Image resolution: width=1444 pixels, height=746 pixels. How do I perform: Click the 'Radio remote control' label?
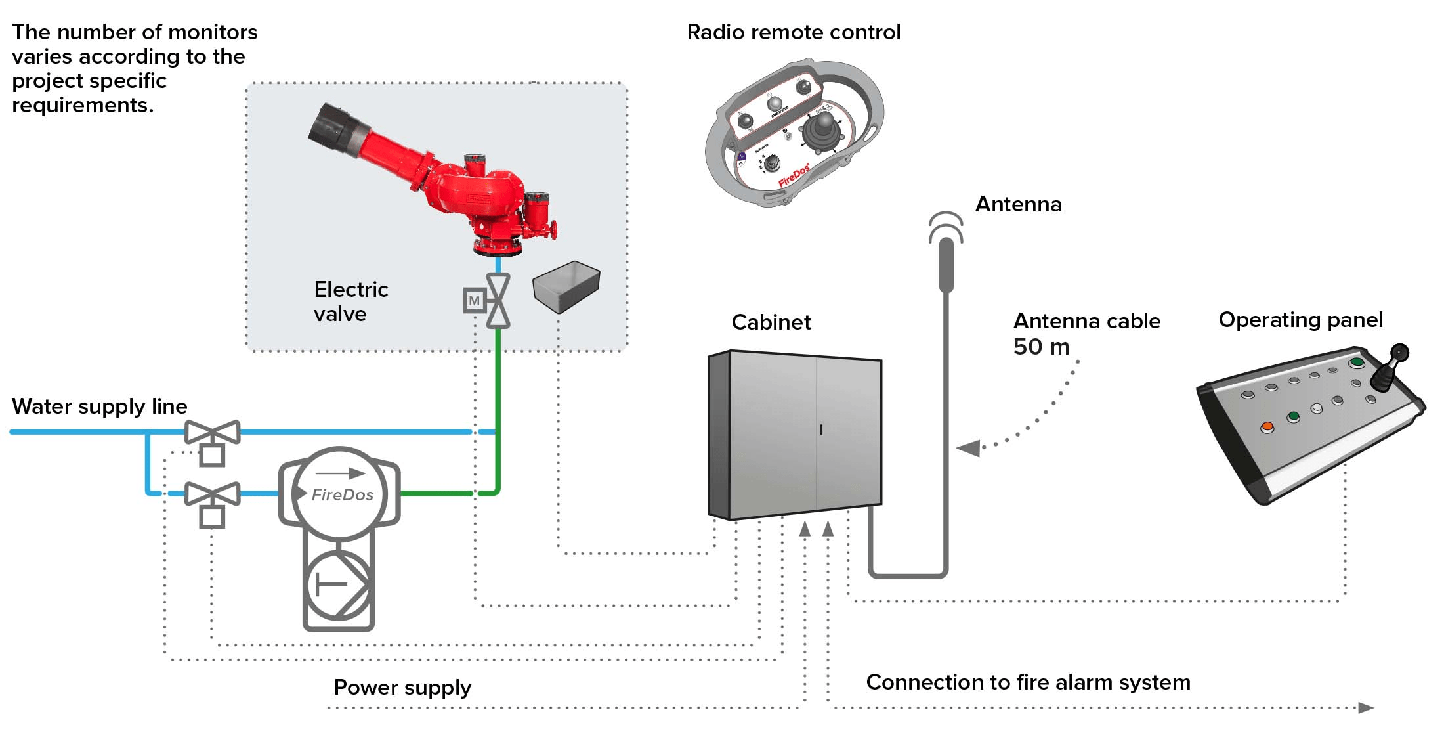point(794,32)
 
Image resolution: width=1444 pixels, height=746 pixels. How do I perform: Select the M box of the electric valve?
point(474,301)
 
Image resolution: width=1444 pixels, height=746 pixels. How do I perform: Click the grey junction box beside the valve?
point(566,286)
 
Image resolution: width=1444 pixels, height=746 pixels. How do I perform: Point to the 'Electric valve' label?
point(350,301)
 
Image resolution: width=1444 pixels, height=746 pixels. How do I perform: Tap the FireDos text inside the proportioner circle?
point(342,494)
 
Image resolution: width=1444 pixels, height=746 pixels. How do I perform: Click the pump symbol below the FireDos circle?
point(339,584)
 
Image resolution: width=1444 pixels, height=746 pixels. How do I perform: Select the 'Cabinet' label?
point(771,322)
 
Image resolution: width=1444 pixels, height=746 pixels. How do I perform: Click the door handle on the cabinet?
point(821,429)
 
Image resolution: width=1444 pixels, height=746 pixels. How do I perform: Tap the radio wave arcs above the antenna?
point(946,225)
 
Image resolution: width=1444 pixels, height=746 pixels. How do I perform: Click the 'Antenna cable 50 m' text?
point(1086,334)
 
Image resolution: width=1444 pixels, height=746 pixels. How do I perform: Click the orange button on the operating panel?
point(1267,427)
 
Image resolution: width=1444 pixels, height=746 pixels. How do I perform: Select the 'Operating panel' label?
point(1300,320)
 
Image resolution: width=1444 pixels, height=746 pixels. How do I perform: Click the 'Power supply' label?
point(402,688)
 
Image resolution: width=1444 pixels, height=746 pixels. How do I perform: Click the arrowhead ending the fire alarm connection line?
point(1366,707)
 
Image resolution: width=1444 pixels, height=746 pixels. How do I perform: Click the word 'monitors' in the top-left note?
point(213,32)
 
